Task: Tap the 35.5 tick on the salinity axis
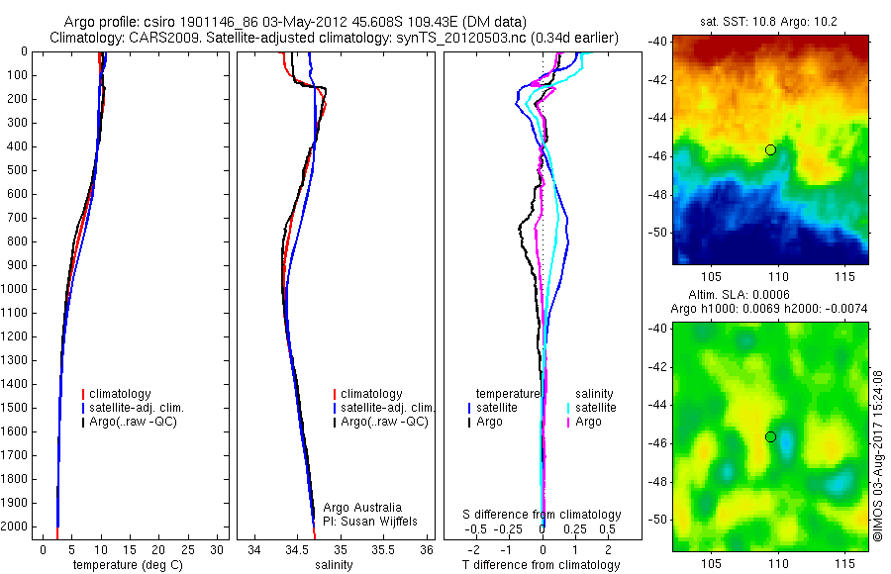tap(383, 550)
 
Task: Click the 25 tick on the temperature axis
tap(188, 550)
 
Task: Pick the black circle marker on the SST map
tap(770, 149)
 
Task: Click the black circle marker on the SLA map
tap(770, 436)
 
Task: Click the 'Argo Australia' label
tap(362, 508)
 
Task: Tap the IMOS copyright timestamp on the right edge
tap(878, 455)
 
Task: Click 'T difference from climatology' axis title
tap(541, 565)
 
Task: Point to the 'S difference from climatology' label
tap(542, 515)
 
